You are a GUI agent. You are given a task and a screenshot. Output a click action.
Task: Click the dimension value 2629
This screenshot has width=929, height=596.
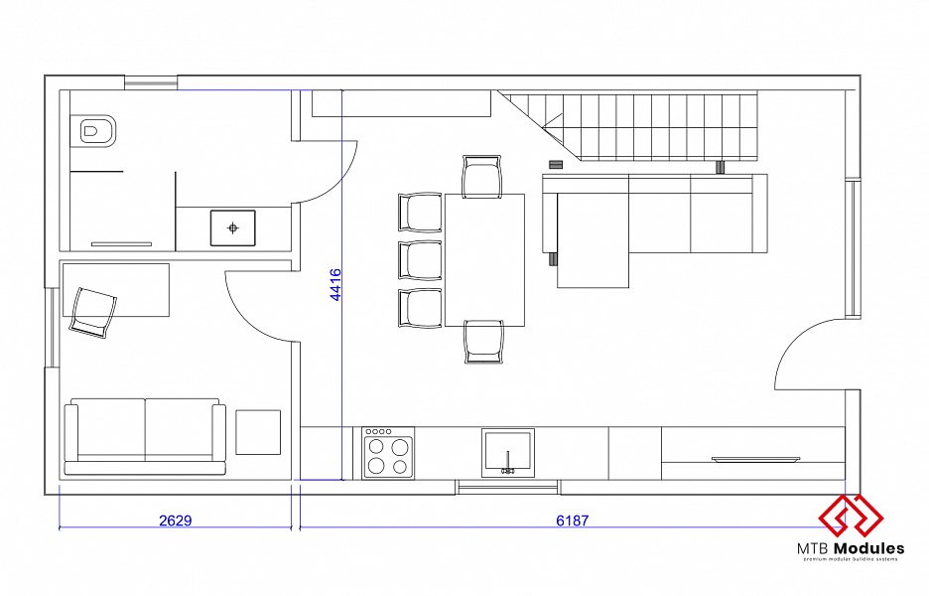coord(176,521)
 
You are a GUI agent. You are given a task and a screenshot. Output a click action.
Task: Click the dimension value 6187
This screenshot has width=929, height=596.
coord(573,521)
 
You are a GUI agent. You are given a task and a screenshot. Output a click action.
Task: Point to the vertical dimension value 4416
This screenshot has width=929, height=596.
coord(335,285)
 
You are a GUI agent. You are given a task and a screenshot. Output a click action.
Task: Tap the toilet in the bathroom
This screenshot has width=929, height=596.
coord(93,130)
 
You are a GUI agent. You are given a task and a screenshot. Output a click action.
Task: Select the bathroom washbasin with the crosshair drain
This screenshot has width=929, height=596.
coord(233,227)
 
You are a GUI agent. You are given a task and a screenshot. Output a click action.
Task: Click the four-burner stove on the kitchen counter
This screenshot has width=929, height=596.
coord(388,453)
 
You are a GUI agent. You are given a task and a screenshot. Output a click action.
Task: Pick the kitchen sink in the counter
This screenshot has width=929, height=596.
coord(508,453)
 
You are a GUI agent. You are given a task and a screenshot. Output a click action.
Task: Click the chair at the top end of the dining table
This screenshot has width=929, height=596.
coord(481,176)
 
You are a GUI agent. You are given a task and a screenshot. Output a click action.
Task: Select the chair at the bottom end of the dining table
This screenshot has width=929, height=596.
coord(483,342)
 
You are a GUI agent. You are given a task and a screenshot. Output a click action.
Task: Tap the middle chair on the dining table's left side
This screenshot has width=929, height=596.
coord(420,260)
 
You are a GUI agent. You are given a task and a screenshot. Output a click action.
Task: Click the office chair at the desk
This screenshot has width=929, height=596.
coord(93,313)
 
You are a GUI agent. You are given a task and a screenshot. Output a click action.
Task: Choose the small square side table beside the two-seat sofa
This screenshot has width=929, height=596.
coord(258,432)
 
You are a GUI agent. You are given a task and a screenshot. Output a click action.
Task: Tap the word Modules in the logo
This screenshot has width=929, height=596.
coord(868,548)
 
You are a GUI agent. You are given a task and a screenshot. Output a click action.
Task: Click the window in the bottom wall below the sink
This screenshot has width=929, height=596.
coord(507,487)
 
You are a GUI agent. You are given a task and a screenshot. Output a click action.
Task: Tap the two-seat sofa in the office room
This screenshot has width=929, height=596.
coord(145,436)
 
